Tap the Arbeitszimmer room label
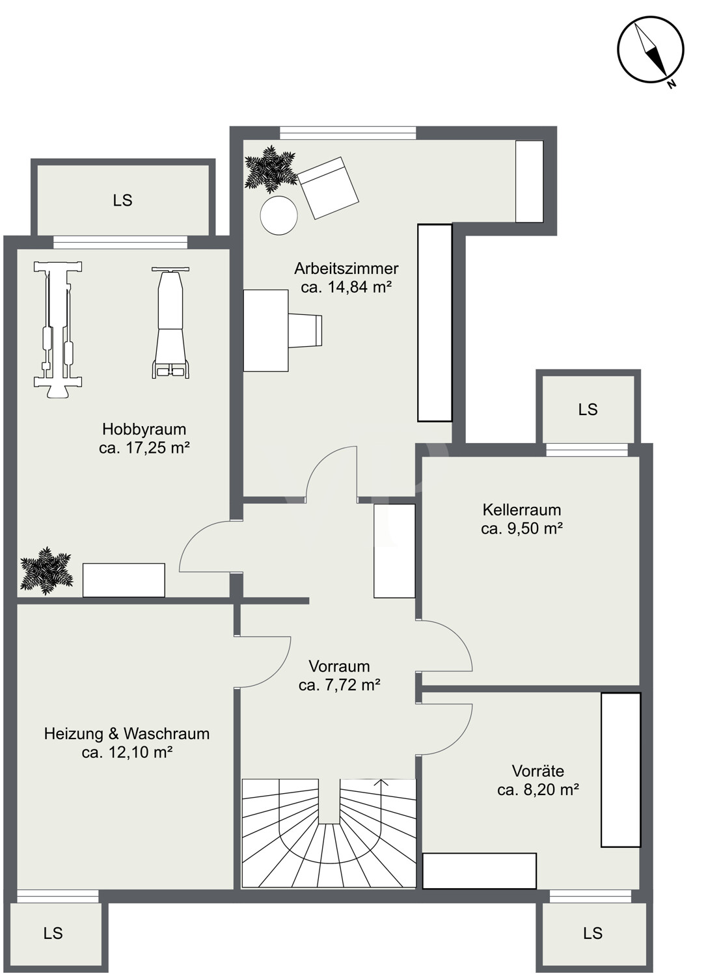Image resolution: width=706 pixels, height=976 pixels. [x=346, y=268]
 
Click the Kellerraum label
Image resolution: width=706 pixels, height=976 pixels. [x=522, y=509]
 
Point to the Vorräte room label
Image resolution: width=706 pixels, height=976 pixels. [x=537, y=771]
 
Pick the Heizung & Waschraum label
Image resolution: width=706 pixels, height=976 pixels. [x=127, y=734]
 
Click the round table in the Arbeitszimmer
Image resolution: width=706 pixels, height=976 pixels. [x=279, y=215]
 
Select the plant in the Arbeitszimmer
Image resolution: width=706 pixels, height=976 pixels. [x=270, y=169]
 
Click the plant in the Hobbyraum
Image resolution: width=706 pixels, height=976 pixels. [x=46, y=571]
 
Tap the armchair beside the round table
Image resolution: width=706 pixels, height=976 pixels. [x=329, y=188]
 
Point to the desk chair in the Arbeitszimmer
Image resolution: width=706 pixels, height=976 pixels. [x=306, y=331]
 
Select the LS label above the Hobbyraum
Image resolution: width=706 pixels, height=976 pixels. [x=122, y=200]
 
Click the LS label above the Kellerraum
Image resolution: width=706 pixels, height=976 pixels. [x=588, y=409]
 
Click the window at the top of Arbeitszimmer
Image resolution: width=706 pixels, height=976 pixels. [x=347, y=133]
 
